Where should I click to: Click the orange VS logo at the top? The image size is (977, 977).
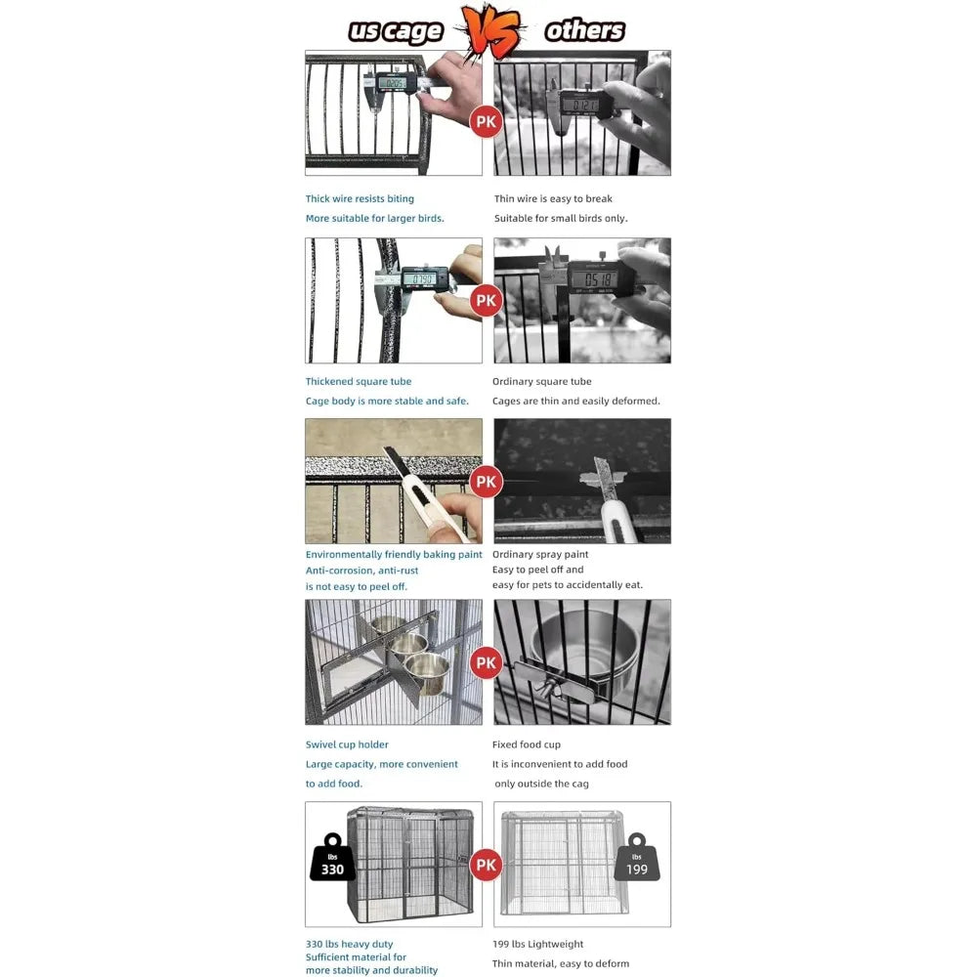click(x=492, y=30)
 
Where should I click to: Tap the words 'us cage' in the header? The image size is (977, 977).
click(x=396, y=31)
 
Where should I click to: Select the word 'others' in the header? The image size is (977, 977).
click(x=584, y=30)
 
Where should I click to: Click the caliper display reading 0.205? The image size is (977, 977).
click(x=393, y=83)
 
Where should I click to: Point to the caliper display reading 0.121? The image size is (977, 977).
click(x=584, y=105)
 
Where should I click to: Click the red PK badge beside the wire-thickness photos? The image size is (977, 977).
click(x=486, y=121)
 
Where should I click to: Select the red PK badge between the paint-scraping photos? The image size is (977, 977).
click(x=486, y=481)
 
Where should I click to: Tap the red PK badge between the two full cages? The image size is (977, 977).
click(x=486, y=865)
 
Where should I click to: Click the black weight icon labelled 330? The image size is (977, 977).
click(x=333, y=858)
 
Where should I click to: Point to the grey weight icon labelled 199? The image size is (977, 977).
click(x=637, y=858)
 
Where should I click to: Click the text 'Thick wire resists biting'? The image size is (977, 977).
click(x=360, y=198)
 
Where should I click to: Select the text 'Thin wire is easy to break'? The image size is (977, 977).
click(x=553, y=198)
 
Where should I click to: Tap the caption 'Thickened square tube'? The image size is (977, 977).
click(x=359, y=381)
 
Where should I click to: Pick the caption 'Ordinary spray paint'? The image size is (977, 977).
click(x=540, y=554)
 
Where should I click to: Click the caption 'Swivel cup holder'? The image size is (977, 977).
click(x=347, y=744)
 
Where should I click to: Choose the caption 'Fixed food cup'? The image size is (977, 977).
click(x=527, y=744)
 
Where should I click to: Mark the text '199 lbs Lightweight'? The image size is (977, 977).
click(x=537, y=944)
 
